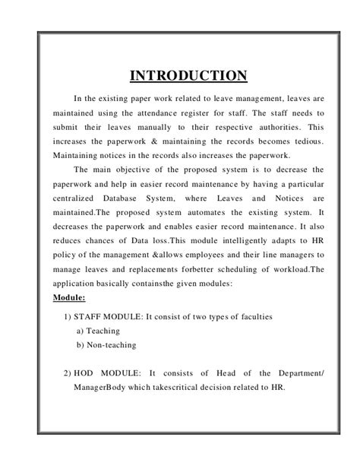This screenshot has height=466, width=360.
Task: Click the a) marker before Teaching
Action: pyautogui.click(x=81, y=331)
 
